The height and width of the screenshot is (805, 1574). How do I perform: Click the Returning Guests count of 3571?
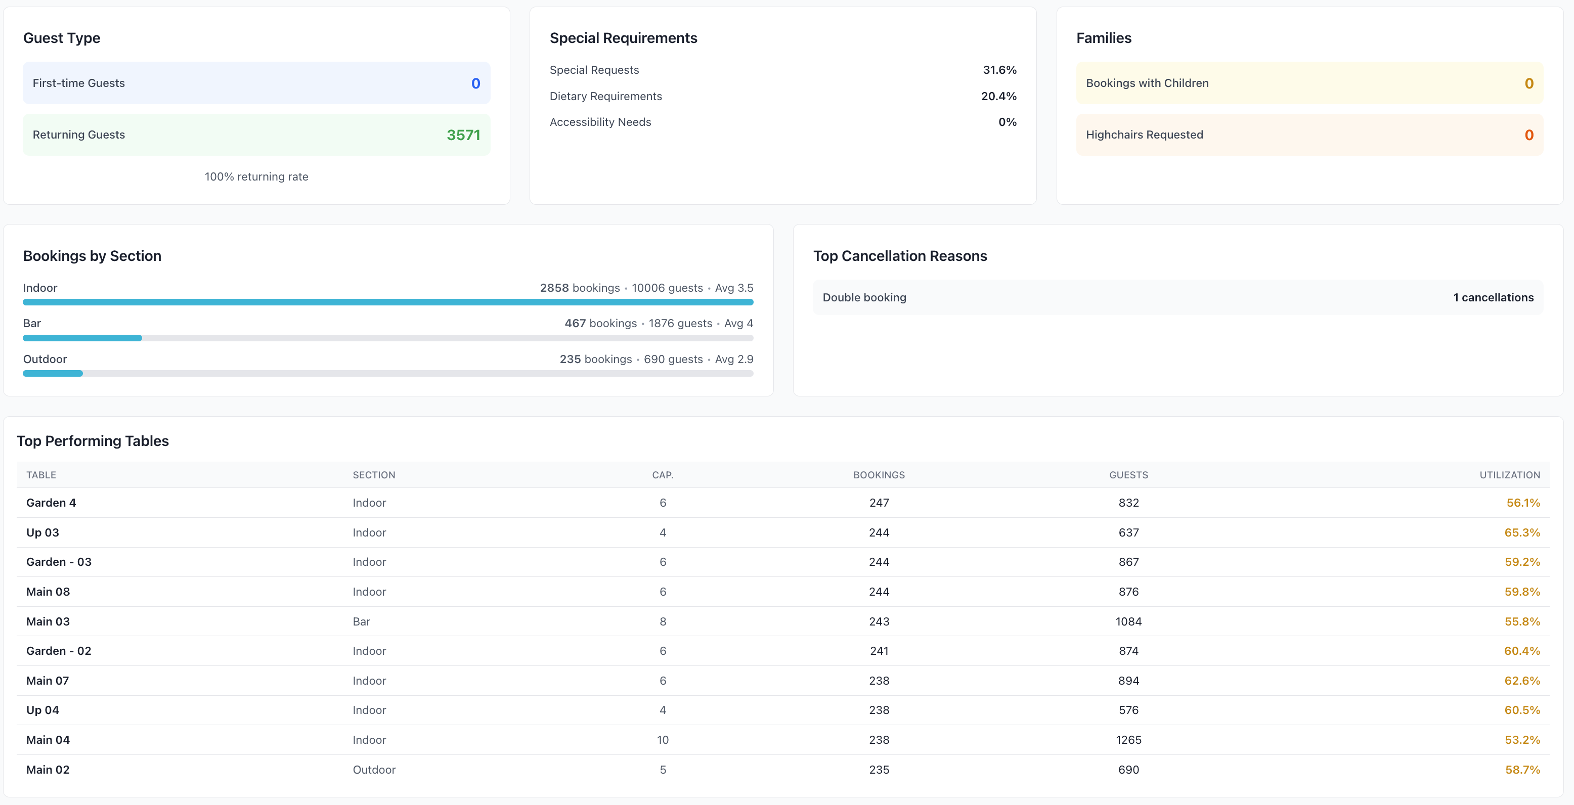pyautogui.click(x=463, y=135)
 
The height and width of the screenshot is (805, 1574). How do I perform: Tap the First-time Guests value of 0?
pyautogui.click(x=475, y=83)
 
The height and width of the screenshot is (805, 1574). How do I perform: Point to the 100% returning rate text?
pyautogui.click(x=256, y=176)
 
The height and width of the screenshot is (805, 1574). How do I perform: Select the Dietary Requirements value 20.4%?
pyautogui.click(x=998, y=96)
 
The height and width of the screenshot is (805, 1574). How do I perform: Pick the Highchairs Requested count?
pyautogui.click(x=1528, y=135)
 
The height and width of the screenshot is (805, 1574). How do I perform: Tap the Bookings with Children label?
pyautogui.click(x=1147, y=83)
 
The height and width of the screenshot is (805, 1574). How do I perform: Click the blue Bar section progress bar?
pyautogui.click(x=82, y=338)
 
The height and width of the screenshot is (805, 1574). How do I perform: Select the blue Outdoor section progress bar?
pyautogui.click(x=53, y=373)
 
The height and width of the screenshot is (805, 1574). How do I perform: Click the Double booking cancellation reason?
pyautogui.click(x=864, y=297)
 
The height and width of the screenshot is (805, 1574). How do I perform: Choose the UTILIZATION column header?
pyautogui.click(x=1509, y=475)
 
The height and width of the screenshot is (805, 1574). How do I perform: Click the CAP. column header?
pyautogui.click(x=663, y=475)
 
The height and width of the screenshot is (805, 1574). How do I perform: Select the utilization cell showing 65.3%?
pyautogui.click(x=1521, y=532)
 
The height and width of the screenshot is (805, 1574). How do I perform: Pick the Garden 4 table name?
pyautogui.click(x=51, y=503)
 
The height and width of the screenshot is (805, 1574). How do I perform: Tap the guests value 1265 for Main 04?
pyautogui.click(x=1128, y=740)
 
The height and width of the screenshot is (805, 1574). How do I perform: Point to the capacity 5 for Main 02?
pyautogui.click(x=663, y=770)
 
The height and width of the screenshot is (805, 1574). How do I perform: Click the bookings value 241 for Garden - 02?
pyautogui.click(x=879, y=651)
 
